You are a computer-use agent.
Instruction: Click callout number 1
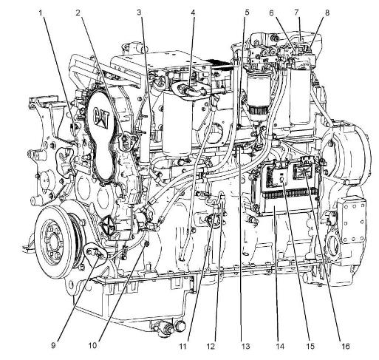pyautogui.click(x=41, y=13)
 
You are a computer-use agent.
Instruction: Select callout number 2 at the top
pyautogui.click(x=78, y=13)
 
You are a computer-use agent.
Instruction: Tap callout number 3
pyautogui.click(x=140, y=13)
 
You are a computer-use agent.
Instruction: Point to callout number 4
pyautogui.click(x=193, y=13)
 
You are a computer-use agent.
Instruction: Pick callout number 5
pyautogui.click(x=247, y=13)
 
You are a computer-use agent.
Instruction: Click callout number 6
pyautogui.click(x=271, y=13)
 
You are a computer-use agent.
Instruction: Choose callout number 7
pyautogui.click(x=296, y=13)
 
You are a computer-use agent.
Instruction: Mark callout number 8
pyautogui.click(x=327, y=13)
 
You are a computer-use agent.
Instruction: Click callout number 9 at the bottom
pyautogui.click(x=53, y=345)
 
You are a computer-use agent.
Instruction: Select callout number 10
pyautogui.click(x=92, y=345)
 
